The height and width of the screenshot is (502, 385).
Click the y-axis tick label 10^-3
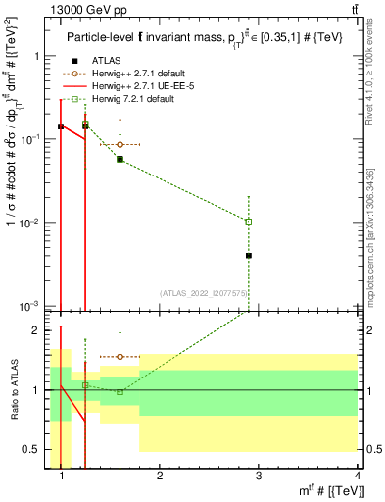coord(28,306)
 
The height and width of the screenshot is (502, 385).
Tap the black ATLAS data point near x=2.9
coord(249,256)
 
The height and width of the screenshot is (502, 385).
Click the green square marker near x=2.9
coord(249,222)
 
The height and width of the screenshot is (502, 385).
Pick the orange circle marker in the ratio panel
coord(120,357)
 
